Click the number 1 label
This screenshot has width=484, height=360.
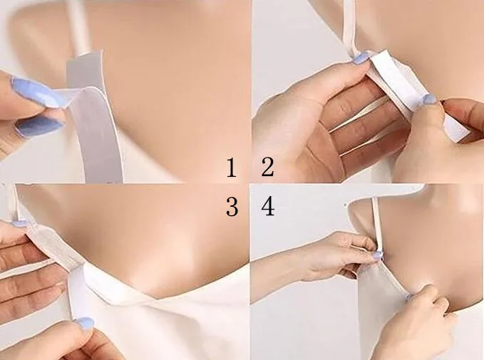pos(230,169)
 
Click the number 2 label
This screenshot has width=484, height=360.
pos(267,168)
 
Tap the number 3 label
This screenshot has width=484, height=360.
pos(231,207)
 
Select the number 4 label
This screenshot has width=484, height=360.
pos(268,207)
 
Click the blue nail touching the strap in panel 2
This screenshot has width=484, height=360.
pos(361,58)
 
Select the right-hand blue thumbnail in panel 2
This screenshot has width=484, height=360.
pos(429,100)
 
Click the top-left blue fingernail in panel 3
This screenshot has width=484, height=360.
pos(20,223)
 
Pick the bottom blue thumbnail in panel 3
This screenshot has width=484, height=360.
pos(84,324)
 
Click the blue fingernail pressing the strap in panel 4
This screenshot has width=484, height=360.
pos(377,254)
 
